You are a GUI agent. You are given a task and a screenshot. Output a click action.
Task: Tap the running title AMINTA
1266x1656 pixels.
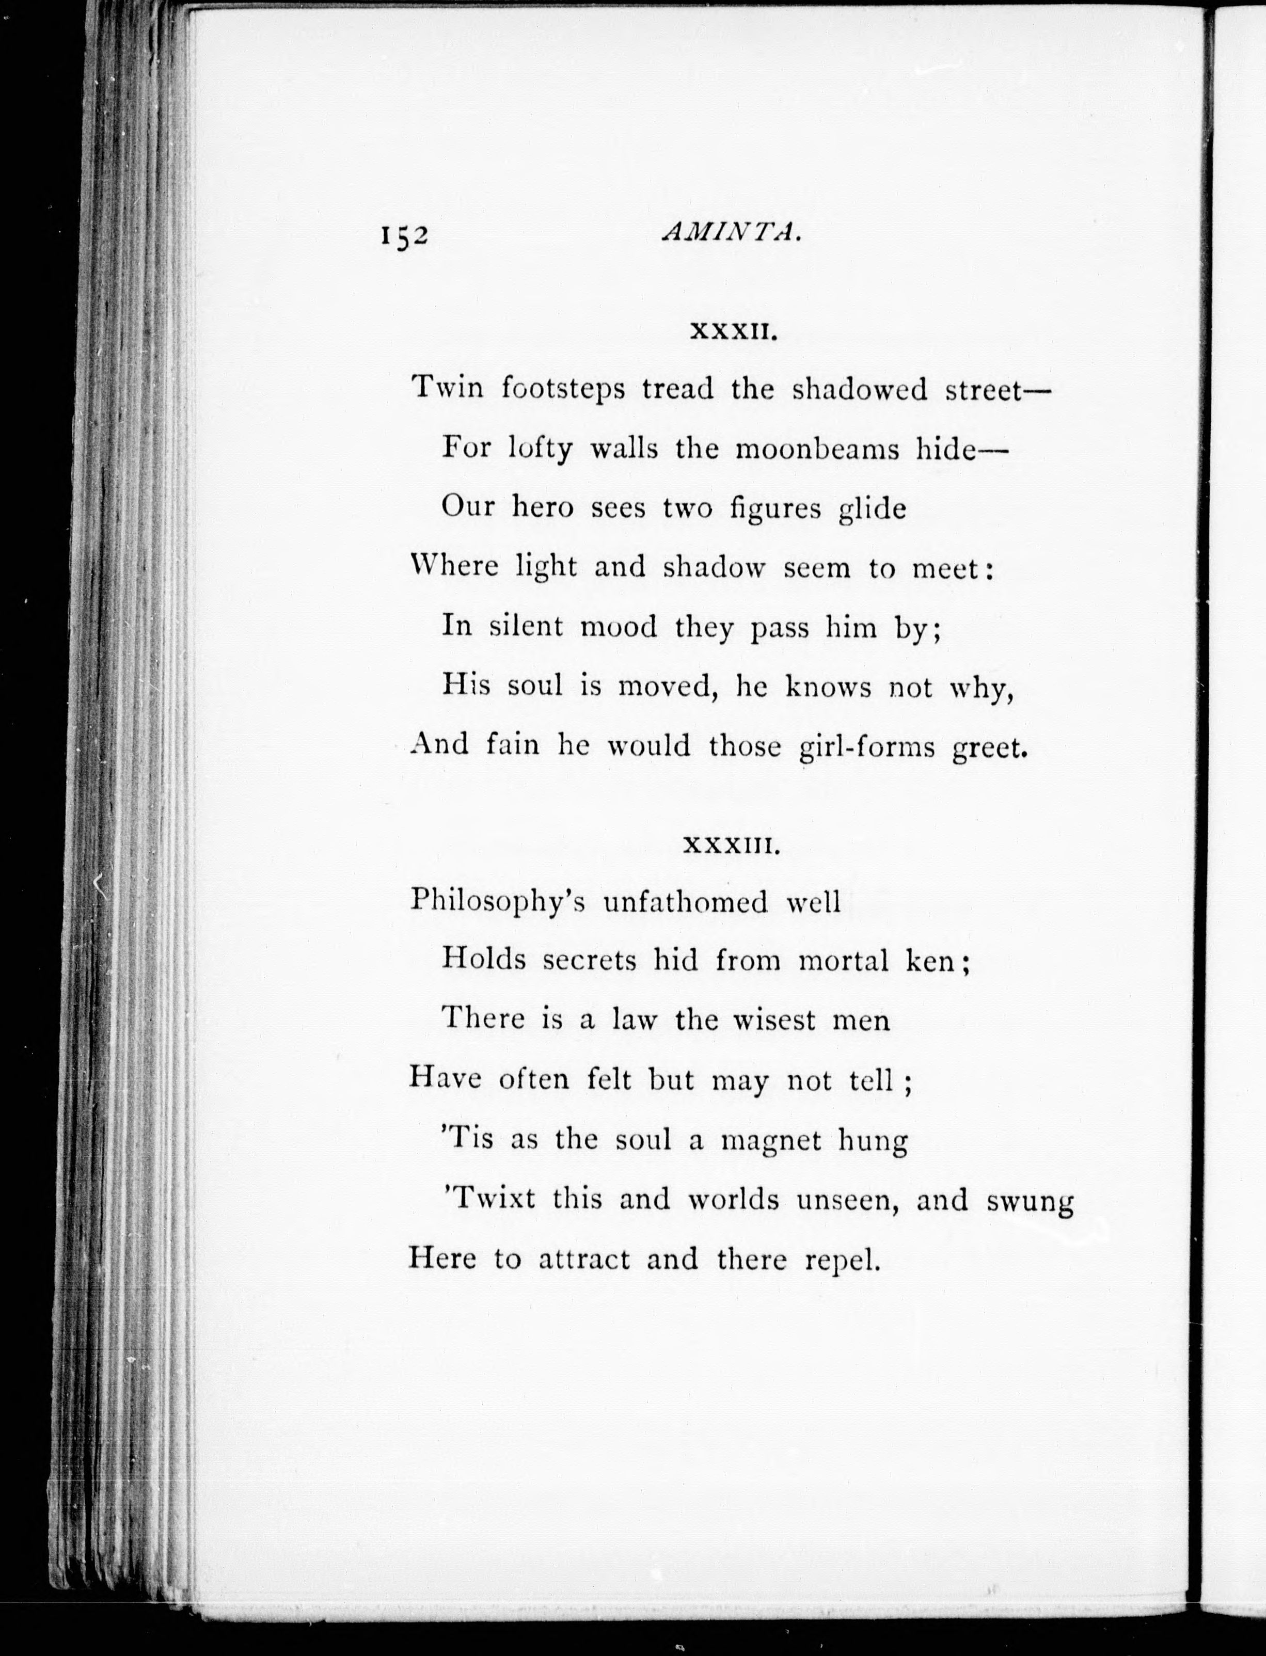[x=728, y=234]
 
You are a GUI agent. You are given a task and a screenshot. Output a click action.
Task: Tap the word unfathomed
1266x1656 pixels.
[x=686, y=902]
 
